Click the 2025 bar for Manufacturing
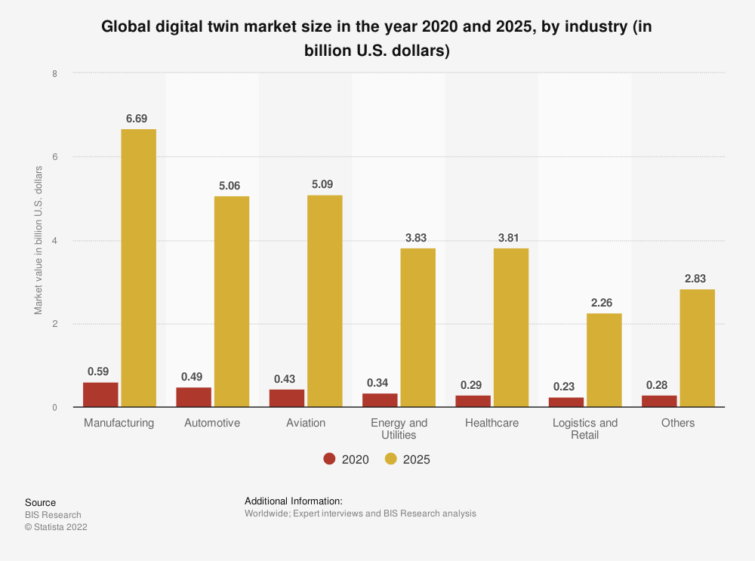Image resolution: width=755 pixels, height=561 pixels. click(x=138, y=268)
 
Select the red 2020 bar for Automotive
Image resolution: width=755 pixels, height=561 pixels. click(x=194, y=397)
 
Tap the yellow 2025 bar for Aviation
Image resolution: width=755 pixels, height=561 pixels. click(x=325, y=301)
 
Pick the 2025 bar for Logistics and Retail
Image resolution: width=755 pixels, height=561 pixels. click(x=604, y=360)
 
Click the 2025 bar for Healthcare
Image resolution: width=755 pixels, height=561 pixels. click(x=511, y=328)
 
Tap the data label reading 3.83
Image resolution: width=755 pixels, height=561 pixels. click(x=418, y=238)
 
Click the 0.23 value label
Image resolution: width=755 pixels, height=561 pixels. click(x=564, y=387)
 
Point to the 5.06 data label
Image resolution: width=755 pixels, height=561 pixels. click(x=231, y=186)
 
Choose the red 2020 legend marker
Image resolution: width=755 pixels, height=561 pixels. click(x=329, y=459)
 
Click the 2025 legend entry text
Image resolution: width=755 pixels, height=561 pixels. click(x=417, y=459)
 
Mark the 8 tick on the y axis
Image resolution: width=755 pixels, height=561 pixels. click(x=54, y=73)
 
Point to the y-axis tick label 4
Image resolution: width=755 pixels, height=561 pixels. click(x=54, y=241)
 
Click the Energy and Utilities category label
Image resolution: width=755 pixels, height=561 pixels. click(x=399, y=428)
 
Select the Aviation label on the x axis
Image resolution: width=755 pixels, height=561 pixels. click(x=306, y=423)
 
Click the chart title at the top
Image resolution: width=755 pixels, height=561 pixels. click(x=377, y=39)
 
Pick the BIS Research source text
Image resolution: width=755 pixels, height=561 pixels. click(x=53, y=515)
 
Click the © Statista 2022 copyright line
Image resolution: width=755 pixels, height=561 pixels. click(x=56, y=527)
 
